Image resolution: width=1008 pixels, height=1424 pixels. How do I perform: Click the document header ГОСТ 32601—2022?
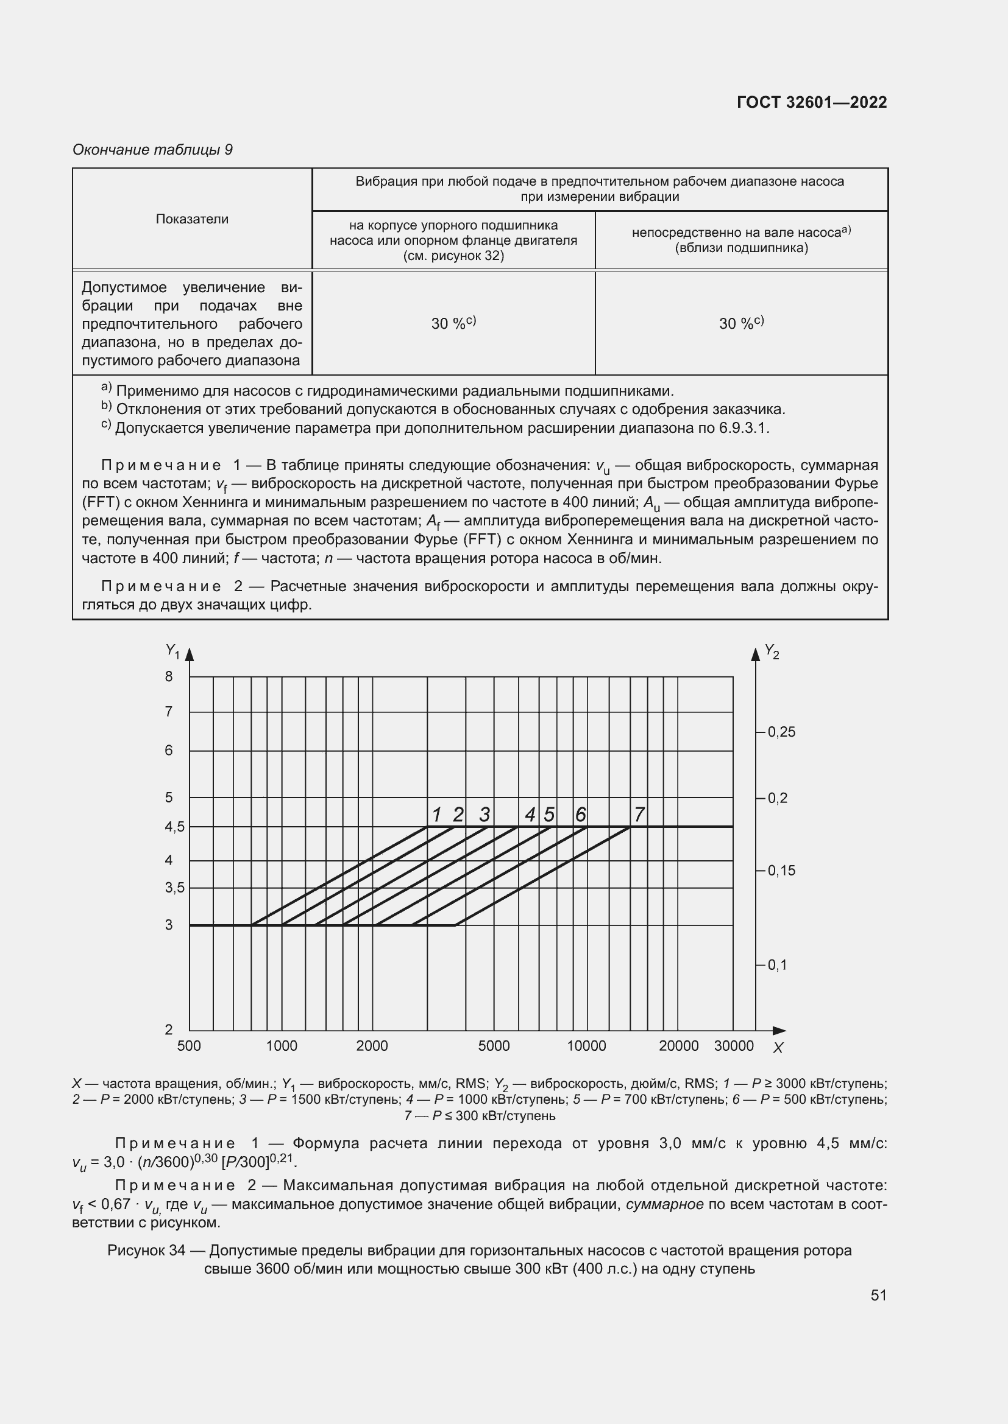[x=811, y=103]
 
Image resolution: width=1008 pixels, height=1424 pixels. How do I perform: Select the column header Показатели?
[x=192, y=219]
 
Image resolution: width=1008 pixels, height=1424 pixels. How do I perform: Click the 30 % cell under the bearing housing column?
[x=453, y=323]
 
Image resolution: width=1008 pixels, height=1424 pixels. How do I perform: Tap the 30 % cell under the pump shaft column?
[x=741, y=323]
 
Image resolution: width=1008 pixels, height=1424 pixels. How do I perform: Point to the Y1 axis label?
[x=172, y=651]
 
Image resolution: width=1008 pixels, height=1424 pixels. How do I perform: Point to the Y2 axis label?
[x=772, y=651]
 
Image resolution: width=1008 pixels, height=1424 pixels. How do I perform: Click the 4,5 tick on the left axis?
[x=174, y=827]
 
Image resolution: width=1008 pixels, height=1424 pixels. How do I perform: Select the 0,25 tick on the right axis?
[x=781, y=732]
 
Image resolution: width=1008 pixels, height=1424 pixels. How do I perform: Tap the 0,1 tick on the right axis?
[x=776, y=965]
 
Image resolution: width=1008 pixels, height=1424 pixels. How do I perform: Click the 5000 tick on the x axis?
[x=494, y=1047]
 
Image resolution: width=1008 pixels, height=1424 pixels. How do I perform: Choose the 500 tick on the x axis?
[x=189, y=1047]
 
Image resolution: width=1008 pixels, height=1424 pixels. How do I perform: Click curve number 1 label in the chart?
[x=436, y=815]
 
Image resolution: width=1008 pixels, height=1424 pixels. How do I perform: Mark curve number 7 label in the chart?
[x=639, y=815]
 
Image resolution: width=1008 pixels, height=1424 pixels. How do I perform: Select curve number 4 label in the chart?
[x=530, y=815]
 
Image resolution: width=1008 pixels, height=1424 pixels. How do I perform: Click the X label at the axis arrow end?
[x=778, y=1048]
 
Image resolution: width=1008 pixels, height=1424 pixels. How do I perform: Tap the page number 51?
[x=878, y=1295]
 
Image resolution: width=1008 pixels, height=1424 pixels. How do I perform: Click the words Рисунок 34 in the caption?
[x=146, y=1250]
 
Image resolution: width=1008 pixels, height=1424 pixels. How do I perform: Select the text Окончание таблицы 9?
[x=152, y=150]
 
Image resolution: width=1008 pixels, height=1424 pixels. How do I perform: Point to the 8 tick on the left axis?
[x=169, y=676]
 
